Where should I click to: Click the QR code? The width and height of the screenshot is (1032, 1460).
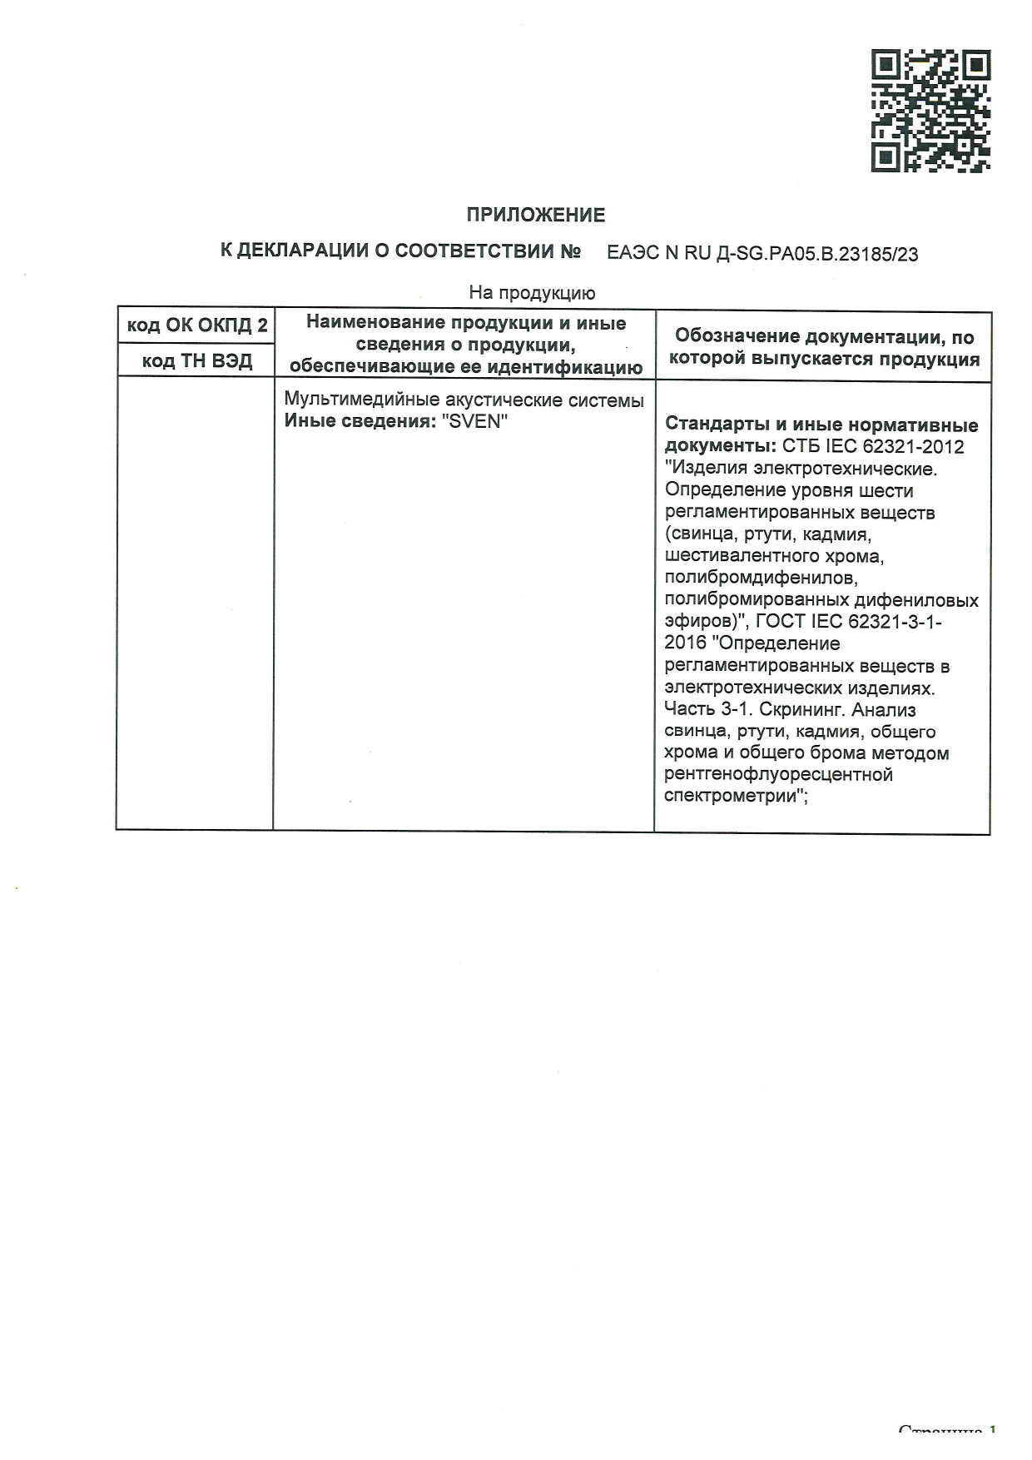tap(930, 112)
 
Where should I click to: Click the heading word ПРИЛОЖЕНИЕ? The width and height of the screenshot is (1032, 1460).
tap(535, 216)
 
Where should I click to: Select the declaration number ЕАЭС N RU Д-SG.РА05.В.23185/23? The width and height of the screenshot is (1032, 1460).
tap(762, 254)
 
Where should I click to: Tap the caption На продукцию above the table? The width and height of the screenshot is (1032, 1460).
tap(532, 292)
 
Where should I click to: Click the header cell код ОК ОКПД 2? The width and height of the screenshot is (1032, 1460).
tap(197, 325)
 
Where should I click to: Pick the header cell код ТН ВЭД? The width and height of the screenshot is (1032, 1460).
tap(197, 361)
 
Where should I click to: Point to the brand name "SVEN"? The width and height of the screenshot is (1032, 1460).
tap(474, 421)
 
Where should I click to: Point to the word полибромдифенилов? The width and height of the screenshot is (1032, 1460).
tap(761, 577)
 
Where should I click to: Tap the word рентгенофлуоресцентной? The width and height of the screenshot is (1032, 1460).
tap(778, 775)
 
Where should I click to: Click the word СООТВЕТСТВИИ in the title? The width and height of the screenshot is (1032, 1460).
tap(487, 251)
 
